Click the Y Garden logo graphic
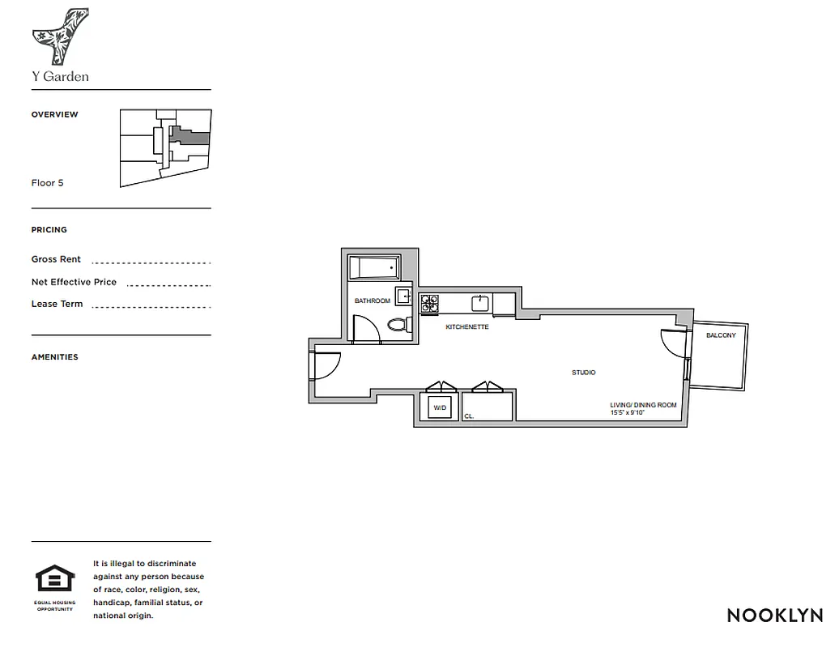(60, 36)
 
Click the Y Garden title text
(60, 77)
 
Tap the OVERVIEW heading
(55, 115)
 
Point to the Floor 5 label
(48, 183)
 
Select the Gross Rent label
(56, 260)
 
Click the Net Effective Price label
(74, 283)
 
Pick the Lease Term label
(57, 305)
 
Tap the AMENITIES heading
(55, 357)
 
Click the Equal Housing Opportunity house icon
(55, 579)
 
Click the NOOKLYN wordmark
(774, 615)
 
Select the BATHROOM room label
(373, 301)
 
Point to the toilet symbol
(398, 326)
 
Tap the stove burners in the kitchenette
(429, 303)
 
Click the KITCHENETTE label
(467, 327)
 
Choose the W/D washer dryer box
(441, 407)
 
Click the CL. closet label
(469, 416)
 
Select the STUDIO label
(584, 373)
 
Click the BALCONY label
(721, 335)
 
